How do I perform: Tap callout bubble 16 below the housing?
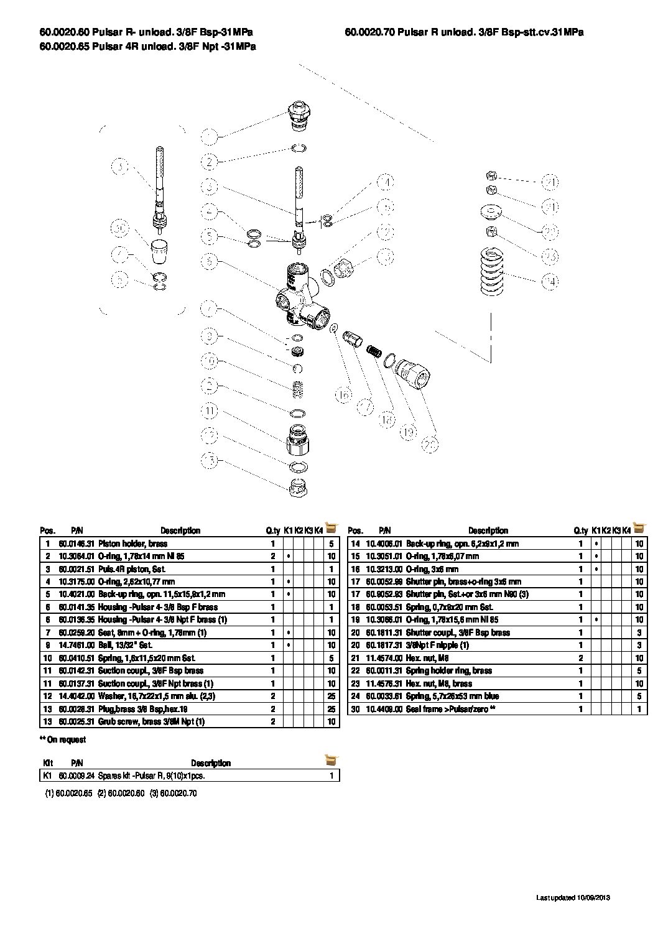pos(343,394)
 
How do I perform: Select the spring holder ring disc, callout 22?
pos(491,212)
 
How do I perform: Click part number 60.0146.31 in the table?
pos(76,544)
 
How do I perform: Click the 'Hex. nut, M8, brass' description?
pos(438,683)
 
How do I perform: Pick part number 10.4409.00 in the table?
pos(384,708)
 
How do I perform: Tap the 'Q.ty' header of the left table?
pos(272,530)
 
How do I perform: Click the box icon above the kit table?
pos(331,760)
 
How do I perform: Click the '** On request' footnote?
pos(63,739)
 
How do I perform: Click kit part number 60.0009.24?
pos(76,776)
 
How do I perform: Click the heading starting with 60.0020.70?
pos(464,32)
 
